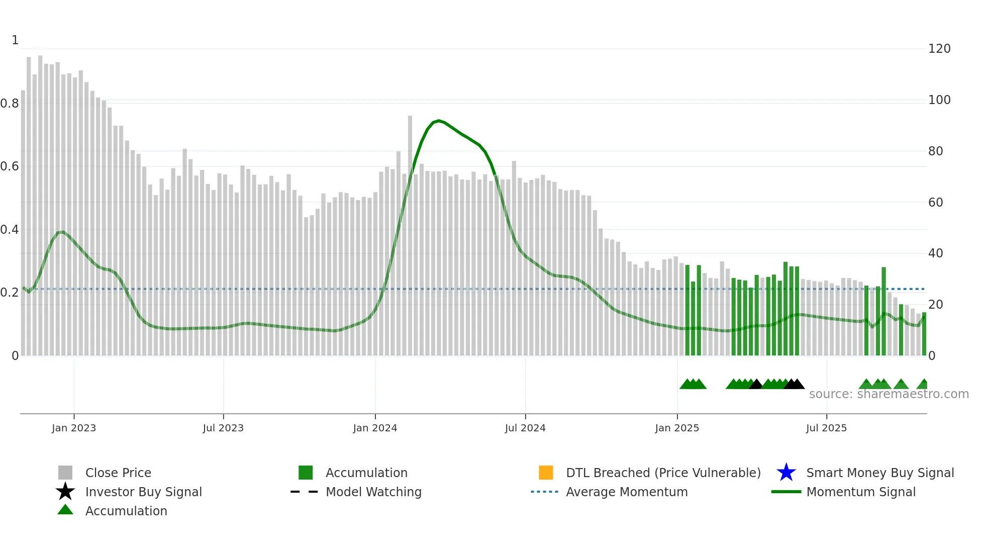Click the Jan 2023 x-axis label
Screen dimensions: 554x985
pyautogui.click(x=74, y=428)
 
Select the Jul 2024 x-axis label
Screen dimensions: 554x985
pyautogui.click(x=525, y=428)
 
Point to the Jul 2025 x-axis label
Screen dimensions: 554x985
pyautogui.click(x=826, y=428)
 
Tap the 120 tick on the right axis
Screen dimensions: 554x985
pyautogui.click(x=939, y=49)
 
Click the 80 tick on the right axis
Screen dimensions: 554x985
pyautogui.click(x=935, y=151)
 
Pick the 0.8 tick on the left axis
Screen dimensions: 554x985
pyautogui.click(x=10, y=104)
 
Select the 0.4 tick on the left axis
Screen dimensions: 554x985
pyautogui.click(x=10, y=230)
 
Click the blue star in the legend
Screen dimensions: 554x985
pyautogui.click(x=786, y=473)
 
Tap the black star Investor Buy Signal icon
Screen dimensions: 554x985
pyautogui.click(x=65, y=492)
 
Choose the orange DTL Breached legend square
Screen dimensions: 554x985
pyautogui.click(x=546, y=473)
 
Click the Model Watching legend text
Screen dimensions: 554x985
pyautogui.click(x=373, y=492)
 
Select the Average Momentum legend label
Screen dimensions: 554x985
pyautogui.click(x=627, y=492)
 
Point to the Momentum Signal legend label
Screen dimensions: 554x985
pyautogui.click(x=861, y=492)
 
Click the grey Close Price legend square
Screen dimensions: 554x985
pyautogui.click(x=65, y=473)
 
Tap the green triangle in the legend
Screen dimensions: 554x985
pyautogui.click(x=65, y=510)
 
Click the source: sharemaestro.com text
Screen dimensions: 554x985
pyautogui.click(x=889, y=394)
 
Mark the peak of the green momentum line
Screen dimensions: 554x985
pyautogui.click(x=439, y=121)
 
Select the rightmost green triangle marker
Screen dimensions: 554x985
pyautogui.click(x=923, y=385)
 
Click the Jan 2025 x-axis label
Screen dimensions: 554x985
pyautogui.click(x=677, y=428)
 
